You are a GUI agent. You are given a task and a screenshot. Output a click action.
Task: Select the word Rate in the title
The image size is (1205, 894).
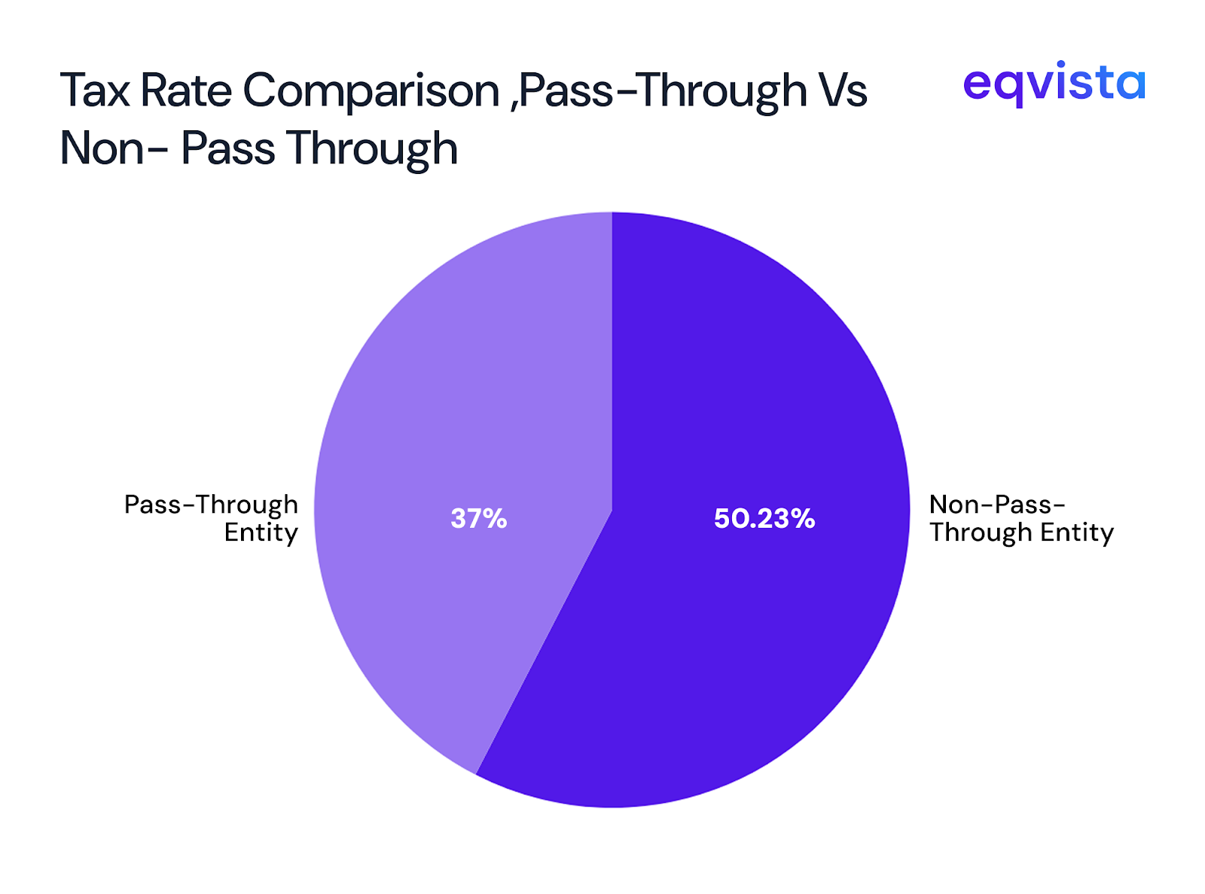[186, 90]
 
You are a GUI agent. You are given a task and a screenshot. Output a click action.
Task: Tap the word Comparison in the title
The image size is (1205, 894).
[371, 90]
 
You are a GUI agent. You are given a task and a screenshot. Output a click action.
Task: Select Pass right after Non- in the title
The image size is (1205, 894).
[227, 148]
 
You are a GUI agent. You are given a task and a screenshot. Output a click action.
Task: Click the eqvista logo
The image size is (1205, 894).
[1054, 83]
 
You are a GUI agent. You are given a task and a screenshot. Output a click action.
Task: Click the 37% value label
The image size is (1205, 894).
[479, 518]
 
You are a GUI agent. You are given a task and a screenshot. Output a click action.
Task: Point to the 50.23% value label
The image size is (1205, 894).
[764, 518]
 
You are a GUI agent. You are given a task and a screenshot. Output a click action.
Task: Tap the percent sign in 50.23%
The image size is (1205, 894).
[802, 518]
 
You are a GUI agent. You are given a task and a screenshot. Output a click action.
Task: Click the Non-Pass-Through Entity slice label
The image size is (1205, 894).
[1020, 518]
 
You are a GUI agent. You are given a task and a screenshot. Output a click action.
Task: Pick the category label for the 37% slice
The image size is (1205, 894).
[212, 518]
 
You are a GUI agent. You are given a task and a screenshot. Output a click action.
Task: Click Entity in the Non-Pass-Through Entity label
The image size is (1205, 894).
[1077, 532]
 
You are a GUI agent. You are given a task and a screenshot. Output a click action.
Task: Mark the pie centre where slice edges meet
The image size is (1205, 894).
[612, 511]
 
